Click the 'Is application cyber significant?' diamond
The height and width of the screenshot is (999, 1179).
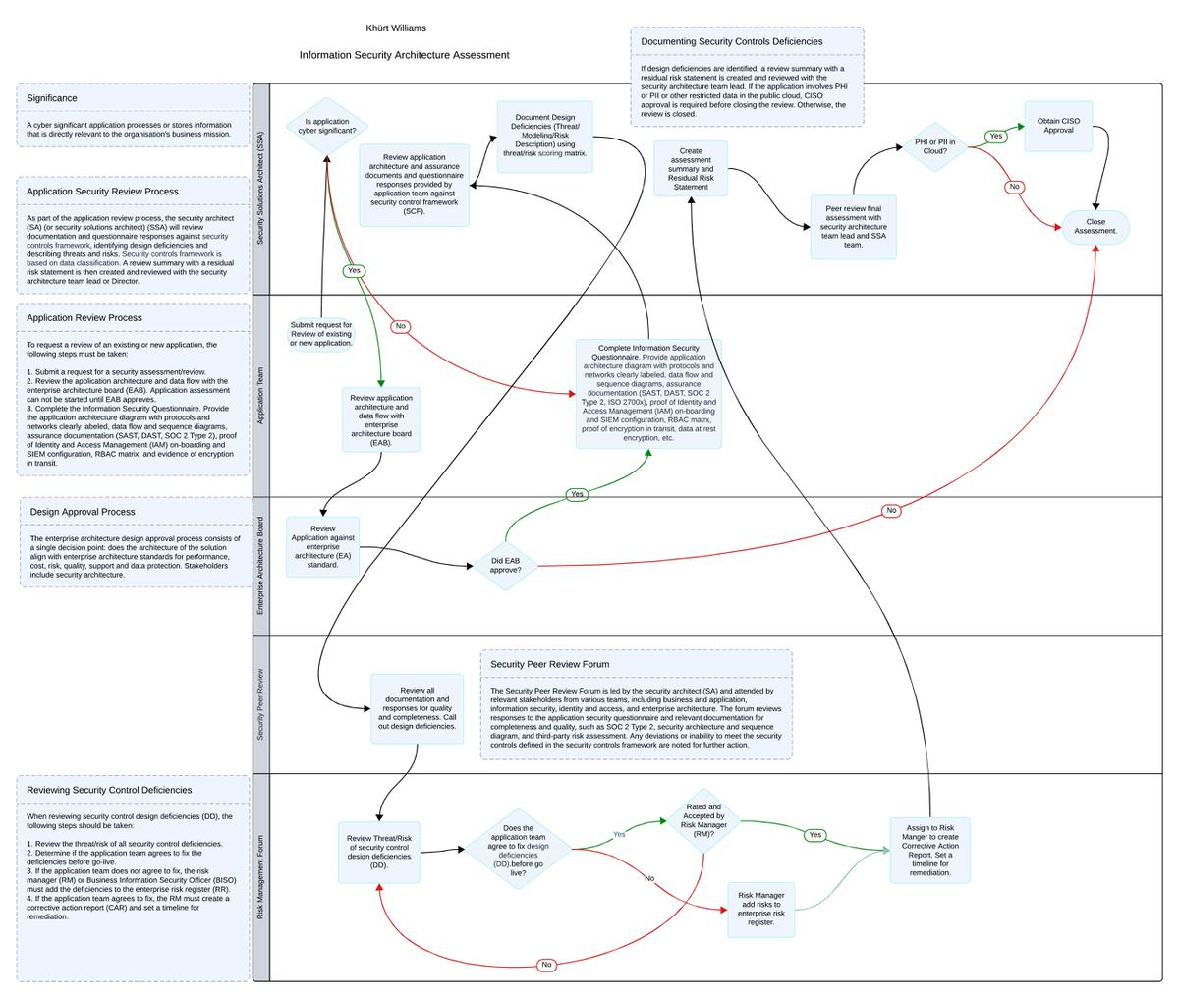click(327, 126)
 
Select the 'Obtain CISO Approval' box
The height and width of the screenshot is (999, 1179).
click(1058, 127)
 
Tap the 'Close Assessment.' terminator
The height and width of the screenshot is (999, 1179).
click(1095, 227)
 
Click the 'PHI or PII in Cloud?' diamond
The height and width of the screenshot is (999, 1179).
click(934, 147)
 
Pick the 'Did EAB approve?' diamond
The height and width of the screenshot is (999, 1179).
click(505, 565)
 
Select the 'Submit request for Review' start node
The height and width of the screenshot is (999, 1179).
click(321, 334)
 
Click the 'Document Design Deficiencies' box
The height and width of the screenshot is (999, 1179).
click(544, 137)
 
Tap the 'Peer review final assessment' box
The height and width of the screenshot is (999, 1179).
click(853, 227)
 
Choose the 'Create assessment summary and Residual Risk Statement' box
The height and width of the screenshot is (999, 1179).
click(691, 169)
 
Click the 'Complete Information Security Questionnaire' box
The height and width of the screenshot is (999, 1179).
click(648, 393)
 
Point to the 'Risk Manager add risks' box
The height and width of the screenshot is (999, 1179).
click(760, 909)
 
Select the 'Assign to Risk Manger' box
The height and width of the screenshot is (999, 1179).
click(929, 850)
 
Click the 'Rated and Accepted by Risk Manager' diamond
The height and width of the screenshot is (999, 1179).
click(703, 820)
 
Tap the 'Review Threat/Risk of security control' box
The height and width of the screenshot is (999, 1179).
click(379, 852)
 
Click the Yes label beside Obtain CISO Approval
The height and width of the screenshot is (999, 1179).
click(995, 137)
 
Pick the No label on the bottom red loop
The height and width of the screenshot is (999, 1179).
click(547, 965)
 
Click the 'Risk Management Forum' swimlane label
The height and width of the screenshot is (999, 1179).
click(261, 876)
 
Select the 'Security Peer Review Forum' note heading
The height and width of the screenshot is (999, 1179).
click(550, 664)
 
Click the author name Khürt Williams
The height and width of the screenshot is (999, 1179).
click(396, 28)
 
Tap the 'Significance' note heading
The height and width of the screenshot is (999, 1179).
click(52, 98)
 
